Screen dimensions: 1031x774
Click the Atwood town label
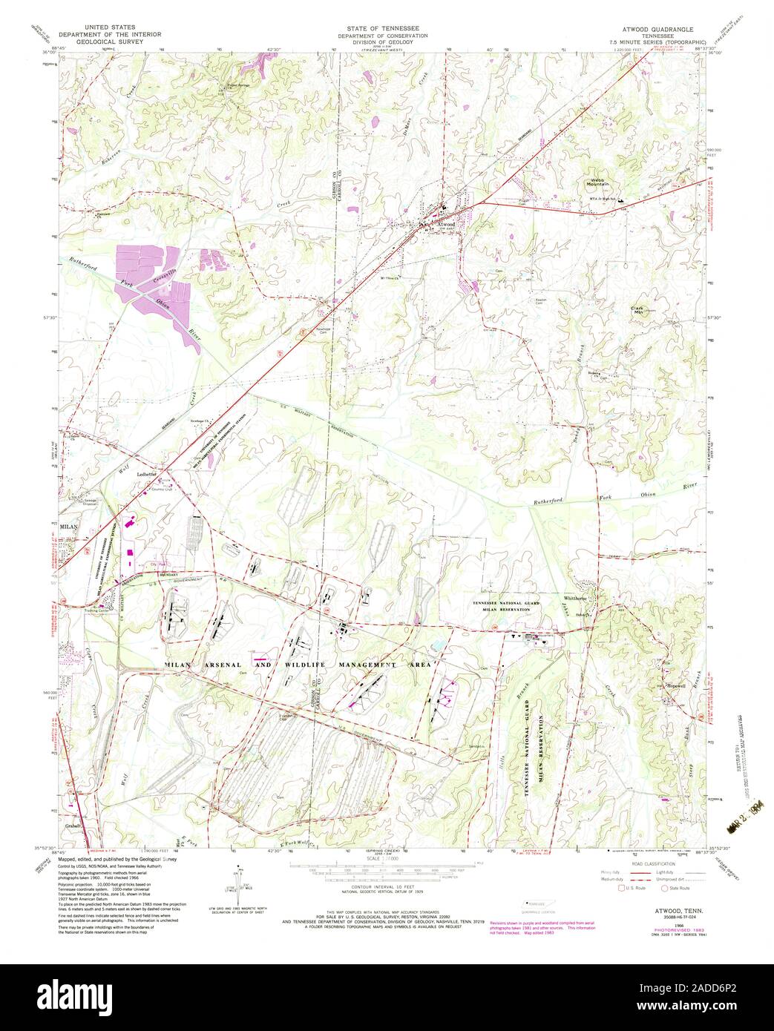tap(445, 223)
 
